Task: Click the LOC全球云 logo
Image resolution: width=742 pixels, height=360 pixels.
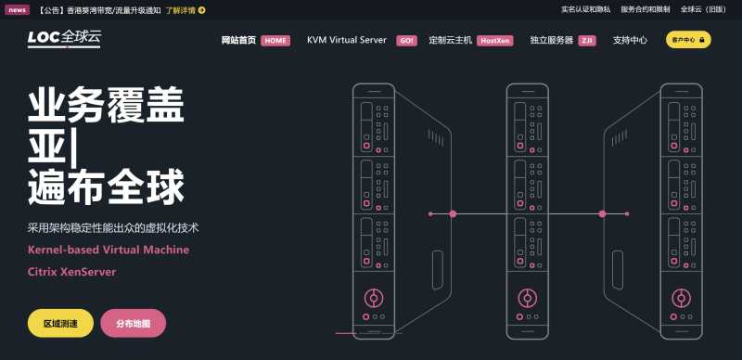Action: click(64, 40)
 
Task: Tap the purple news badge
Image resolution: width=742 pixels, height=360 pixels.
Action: click(18, 10)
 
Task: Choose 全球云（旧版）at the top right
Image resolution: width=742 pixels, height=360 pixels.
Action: click(704, 10)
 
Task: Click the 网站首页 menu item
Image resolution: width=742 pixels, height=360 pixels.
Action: click(238, 41)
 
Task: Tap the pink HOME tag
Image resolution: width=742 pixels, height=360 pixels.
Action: click(275, 41)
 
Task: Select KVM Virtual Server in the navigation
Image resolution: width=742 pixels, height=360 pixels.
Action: click(346, 41)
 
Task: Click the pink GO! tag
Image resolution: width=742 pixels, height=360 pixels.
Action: click(406, 41)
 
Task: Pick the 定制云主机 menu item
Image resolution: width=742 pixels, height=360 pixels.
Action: click(451, 41)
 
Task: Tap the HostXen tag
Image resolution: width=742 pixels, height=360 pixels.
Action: click(495, 41)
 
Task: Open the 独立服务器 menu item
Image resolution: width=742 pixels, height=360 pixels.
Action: click(551, 41)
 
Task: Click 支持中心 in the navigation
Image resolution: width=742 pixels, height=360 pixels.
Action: click(630, 41)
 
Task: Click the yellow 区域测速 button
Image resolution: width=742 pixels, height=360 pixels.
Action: click(60, 323)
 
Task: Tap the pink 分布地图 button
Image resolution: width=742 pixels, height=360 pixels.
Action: click(134, 323)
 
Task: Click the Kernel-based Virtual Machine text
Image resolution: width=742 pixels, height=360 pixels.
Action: click(108, 250)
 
